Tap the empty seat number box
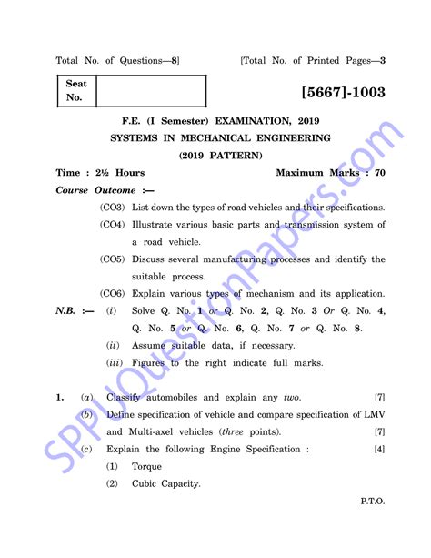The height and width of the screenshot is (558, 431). [150, 90]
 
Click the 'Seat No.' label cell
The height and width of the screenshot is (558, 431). [75, 90]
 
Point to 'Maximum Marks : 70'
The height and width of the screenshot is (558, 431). [330, 172]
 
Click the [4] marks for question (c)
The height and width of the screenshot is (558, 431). [379, 450]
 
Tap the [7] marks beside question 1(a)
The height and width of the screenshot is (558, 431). [379, 398]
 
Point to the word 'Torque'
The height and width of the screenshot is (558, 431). [146, 466]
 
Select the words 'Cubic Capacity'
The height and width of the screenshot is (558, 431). [165, 483]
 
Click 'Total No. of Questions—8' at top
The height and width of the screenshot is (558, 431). [117, 61]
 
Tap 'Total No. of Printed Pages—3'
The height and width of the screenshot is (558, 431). [313, 61]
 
